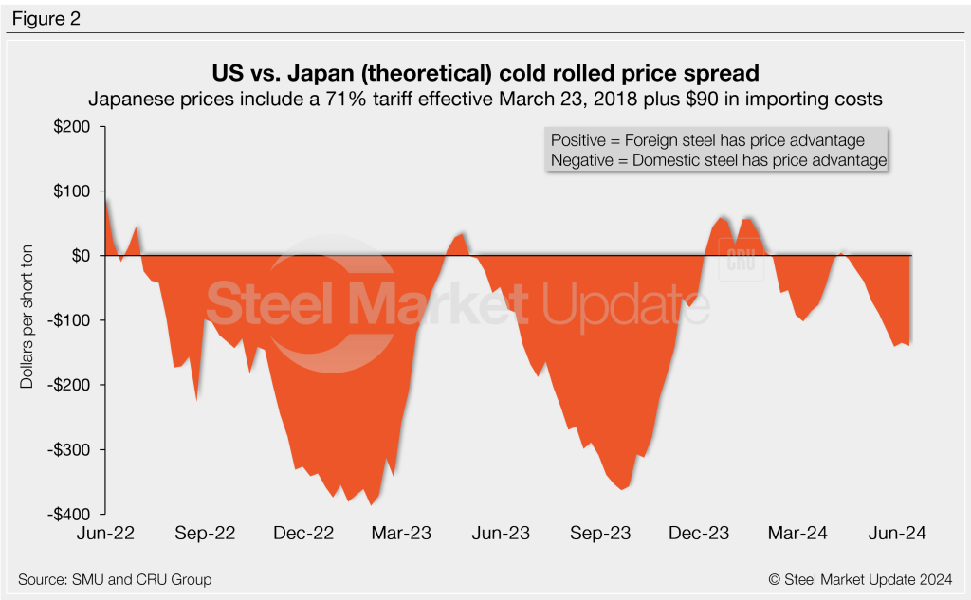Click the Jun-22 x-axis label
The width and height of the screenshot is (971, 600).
click(106, 534)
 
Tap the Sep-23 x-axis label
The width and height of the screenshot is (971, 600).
click(600, 534)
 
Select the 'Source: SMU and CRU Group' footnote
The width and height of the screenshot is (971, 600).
click(115, 579)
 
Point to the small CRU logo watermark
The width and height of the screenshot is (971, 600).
click(741, 261)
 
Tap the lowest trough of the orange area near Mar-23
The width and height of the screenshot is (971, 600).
click(370, 504)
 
